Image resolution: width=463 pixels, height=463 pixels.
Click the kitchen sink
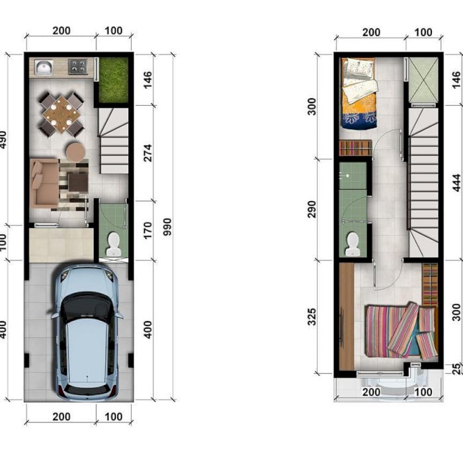[x=44, y=67]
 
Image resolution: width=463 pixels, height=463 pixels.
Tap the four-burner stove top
[x=78, y=66]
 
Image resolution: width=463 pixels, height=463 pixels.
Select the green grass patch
[x=114, y=80]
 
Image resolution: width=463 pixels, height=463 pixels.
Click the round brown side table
[x=75, y=151]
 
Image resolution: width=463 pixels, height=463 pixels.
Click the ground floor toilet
[x=113, y=244]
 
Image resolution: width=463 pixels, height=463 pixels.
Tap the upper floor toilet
[x=353, y=244]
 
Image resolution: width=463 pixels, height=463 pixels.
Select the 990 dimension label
[x=167, y=227]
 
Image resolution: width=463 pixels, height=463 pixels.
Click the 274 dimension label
[x=147, y=153]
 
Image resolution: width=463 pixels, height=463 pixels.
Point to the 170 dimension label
[x=147, y=230]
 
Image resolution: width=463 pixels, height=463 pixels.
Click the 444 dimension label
[x=456, y=183]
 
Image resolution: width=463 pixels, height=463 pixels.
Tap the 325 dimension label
[x=312, y=317]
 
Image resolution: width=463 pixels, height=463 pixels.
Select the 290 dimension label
[x=312, y=210]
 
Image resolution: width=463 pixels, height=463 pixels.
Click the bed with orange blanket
[x=359, y=93]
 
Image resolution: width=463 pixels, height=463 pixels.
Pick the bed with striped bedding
[x=401, y=331]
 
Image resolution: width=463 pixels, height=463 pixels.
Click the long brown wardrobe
[x=347, y=317]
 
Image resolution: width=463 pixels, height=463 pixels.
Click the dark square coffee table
[x=78, y=183]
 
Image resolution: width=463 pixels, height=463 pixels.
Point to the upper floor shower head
[x=347, y=175]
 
